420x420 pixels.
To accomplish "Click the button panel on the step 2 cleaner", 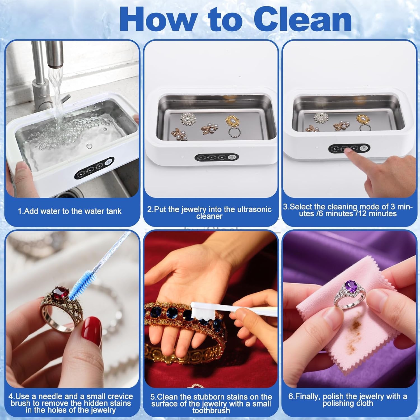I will (217, 158).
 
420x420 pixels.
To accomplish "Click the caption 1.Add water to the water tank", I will (70, 211).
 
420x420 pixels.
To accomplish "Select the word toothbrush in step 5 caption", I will (211, 410).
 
